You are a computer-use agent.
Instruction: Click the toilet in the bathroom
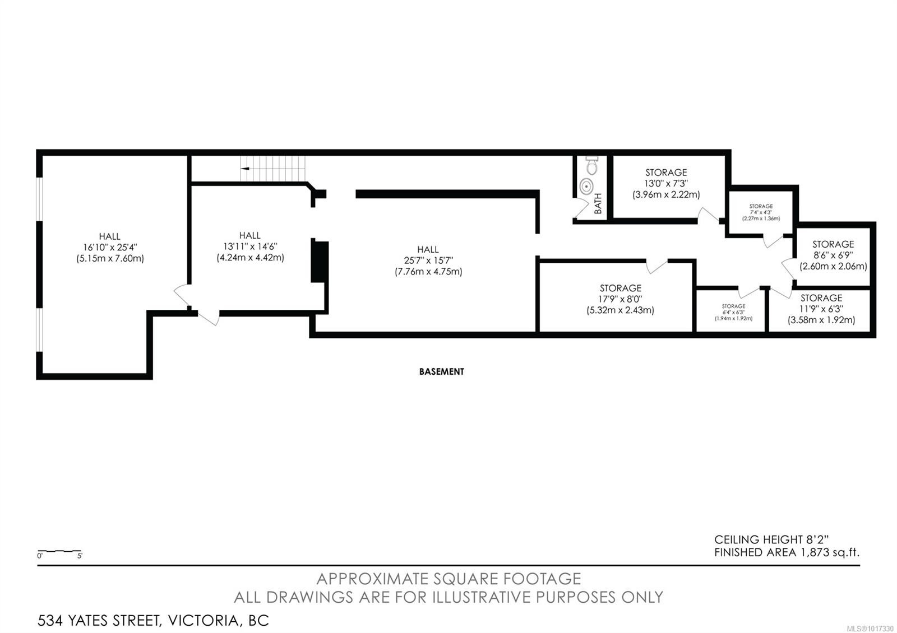[x=592, y=165]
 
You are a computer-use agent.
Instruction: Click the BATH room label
[x=598, y=203]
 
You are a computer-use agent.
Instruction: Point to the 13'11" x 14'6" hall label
[x=250, y=246]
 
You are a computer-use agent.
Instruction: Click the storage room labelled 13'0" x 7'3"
[x=666, y=184]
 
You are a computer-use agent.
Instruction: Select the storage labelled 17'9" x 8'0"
[x=620, y=299]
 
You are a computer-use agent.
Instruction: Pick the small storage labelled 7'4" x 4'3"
[x=761, y=212]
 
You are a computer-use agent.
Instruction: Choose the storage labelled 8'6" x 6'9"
[x=833, y=255]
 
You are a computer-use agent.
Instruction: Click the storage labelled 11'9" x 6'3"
[x=821, y=309]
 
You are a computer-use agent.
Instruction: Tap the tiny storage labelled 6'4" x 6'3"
[x=733, y=312]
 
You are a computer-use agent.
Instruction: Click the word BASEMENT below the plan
[x=441, y=371]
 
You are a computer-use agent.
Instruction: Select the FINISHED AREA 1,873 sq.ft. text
[x=787, y=552]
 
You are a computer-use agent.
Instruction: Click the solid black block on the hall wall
[x=319, y=261]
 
